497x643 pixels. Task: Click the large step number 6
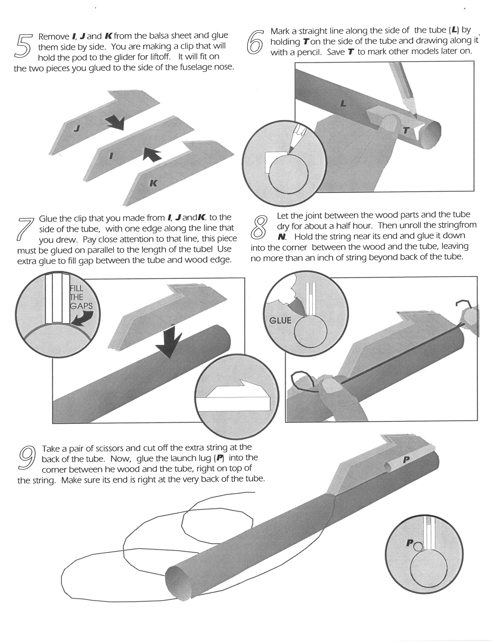(x=254, y=41)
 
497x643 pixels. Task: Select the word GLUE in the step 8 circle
(x=280, y=320)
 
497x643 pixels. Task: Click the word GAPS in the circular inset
(x=81, y=306)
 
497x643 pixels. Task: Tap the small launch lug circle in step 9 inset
(x=417, y=547)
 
